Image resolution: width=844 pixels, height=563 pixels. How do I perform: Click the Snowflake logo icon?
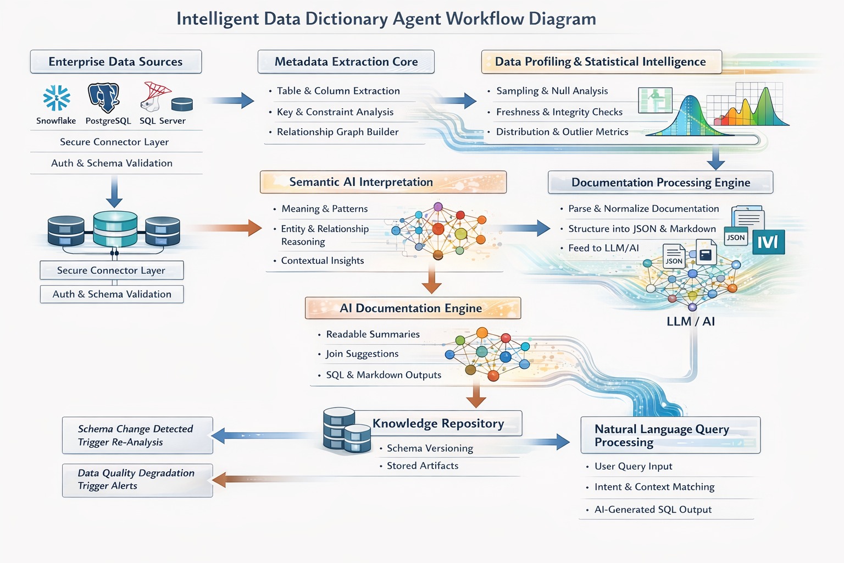coord(57,98)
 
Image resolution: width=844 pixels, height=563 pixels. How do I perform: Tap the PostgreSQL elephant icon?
coord(104,97)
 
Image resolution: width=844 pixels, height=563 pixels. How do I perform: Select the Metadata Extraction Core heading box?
coord(346,62)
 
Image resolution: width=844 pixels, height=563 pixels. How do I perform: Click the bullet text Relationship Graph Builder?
coord(337,132)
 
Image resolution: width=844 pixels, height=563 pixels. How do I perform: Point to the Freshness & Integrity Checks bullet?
coord(559,112)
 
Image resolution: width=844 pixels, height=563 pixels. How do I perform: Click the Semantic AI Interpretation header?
coord(383,182)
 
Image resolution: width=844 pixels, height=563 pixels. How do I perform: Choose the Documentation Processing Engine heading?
coord(660,183)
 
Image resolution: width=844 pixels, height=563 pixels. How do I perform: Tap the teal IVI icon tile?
coord(768,242)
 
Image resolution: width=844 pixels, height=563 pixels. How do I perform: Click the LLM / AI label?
coord(690,322)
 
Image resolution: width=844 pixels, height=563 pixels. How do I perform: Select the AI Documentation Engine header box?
coord(413,308)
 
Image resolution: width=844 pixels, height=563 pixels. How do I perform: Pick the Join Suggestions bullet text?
coord(362,354)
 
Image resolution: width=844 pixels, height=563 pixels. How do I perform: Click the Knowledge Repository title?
coord(438,423)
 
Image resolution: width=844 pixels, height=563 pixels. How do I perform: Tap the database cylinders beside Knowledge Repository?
coord(346,430)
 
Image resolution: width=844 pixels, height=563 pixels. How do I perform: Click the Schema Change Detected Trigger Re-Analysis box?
coord(137,435)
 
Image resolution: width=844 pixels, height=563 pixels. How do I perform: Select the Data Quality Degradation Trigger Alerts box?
coord(137,480)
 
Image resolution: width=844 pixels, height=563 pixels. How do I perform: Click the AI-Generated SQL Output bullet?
coord(652,510)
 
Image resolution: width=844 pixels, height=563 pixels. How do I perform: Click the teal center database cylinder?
coord(115,229)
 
